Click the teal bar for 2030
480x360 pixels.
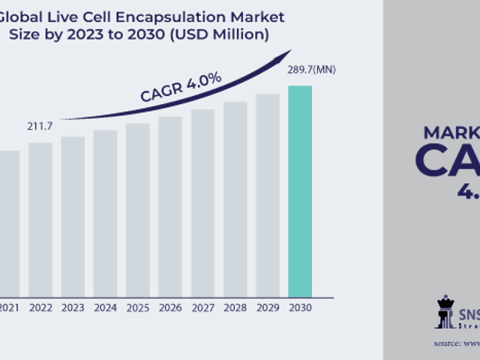coord(300,191)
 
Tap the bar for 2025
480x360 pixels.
coord(138,210)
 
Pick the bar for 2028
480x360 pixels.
coord(235,199)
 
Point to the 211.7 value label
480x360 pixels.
coord(40,125)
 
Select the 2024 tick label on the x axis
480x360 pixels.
coord(106,307)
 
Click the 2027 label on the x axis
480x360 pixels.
coord(202,307)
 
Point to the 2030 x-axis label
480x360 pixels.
coord(300,307)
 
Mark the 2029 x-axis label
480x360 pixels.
coord(268,307)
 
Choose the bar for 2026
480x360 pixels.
coord(170,206)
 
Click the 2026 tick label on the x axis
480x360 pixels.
coord(170,307)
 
